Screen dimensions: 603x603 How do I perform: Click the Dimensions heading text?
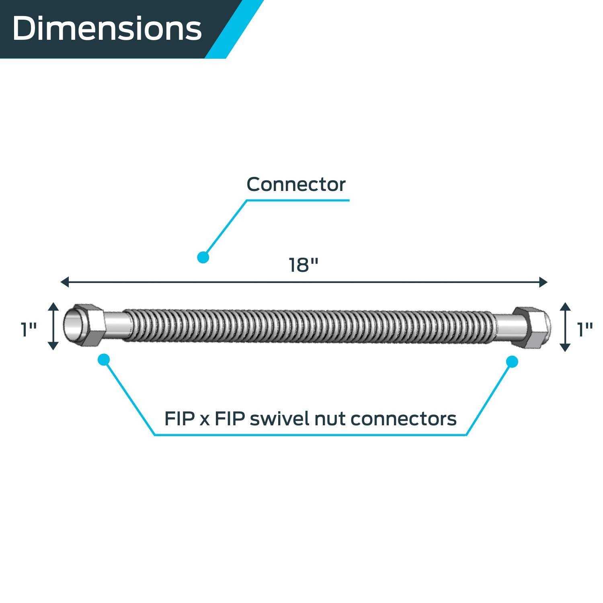pos(107,29)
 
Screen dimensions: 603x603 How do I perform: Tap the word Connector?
pos(296,185)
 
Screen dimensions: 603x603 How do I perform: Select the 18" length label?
pos(304,265)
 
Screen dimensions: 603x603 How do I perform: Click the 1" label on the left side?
pos(29,330)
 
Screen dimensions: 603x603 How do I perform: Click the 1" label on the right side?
pos(585,330)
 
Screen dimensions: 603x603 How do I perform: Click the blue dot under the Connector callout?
pos(203,257)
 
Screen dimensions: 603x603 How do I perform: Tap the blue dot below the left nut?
pos(104,359)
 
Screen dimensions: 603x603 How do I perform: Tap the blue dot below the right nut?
pos(512,362)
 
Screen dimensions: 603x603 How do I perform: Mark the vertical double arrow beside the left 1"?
pos(53,326)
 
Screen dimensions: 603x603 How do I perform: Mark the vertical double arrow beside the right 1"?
pos(565,327)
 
